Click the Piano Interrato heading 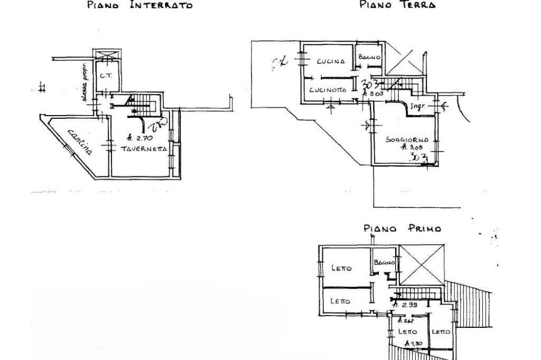coord(138,6)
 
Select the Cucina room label coord(331,61)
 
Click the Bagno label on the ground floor coord(369,56)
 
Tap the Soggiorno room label coord(406,140)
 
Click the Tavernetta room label coord(144,149)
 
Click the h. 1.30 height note coord(411,344)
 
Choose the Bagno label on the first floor coord(384,262)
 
